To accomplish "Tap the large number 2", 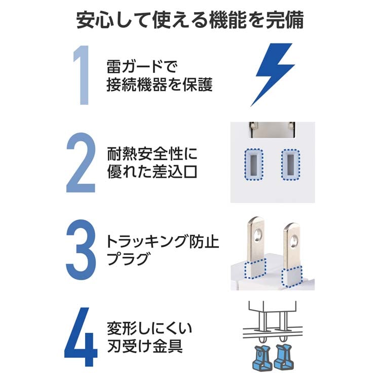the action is [x=81, y=163].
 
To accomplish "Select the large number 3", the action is [x=81, y=250].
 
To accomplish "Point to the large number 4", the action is [x=81, y=337].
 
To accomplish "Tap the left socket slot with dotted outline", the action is [x=253, y=165].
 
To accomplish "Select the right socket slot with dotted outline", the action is [x=291, y=165].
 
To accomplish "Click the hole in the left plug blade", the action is [x=258, y=235].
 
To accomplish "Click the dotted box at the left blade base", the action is [x=255, y=269].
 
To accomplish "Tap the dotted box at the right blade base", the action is [x=292, y=276].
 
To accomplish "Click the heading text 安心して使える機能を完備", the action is [x=190, y=20].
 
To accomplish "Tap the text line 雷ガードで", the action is [x=142, y=67].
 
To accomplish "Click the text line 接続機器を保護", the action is [x=160, y=85].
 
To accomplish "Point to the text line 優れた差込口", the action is [x=152, y=171].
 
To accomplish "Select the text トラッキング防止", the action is [x=163, y=241].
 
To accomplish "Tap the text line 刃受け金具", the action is [x=145, y=346].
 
